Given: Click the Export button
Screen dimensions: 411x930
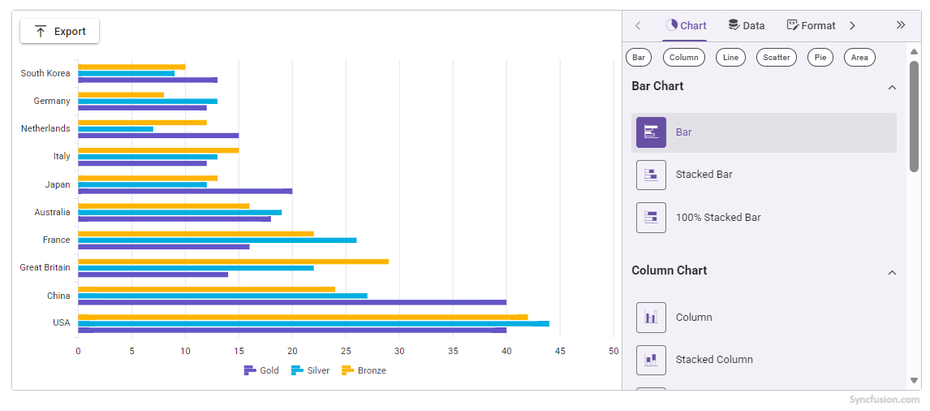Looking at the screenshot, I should [x=59, y=32].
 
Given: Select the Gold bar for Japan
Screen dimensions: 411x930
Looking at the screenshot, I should [x=184, y=192].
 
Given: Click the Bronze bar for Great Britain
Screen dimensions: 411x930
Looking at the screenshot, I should [x=233, y=262].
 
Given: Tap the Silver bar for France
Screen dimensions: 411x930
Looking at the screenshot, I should [x=217, y=240].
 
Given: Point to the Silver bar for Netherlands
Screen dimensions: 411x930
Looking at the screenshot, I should [x=115, y=129].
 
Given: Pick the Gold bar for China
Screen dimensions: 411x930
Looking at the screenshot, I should [x=291, y=302].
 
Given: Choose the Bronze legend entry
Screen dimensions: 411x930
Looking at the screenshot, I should [x=364, y=370].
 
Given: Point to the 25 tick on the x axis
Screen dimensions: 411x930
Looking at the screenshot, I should [x=346, y=351].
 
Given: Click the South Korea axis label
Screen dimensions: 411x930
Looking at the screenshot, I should [x=45, y=73].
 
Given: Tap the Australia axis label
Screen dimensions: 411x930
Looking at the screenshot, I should [x=52, y=212].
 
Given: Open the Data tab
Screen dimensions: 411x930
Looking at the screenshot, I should [x=746, y=25].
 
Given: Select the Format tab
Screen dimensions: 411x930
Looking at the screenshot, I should [x=811, y=25].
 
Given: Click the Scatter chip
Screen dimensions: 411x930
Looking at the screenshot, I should [x=776, y=58].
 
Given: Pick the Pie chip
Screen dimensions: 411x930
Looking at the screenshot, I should [x=820, y=58].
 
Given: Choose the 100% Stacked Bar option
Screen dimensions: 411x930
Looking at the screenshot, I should [x=717, y=218].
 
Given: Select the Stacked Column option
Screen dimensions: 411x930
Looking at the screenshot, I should [x=713, y=360].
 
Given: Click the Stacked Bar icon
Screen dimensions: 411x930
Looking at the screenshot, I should [x=651, y=175].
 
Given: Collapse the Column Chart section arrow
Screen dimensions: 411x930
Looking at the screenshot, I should [x=892, y=272].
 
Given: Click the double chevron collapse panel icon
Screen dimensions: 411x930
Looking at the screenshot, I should [x=900, y=25].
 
